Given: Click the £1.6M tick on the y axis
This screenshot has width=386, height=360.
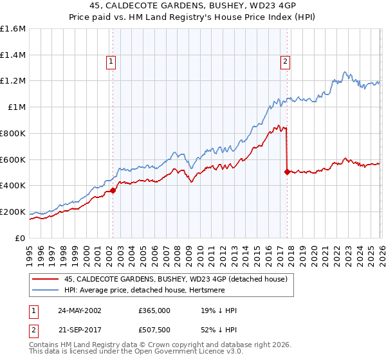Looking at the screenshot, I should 13,29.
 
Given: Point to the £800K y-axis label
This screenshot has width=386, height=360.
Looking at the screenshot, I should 13,133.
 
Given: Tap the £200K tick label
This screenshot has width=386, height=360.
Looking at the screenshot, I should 13,212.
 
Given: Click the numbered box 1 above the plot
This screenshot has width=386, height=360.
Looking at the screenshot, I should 111,62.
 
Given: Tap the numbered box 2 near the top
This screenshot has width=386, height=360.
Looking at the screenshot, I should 284,62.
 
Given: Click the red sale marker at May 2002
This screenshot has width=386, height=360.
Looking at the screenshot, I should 113,190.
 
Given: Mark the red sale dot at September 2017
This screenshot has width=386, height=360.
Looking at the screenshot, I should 286,172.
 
